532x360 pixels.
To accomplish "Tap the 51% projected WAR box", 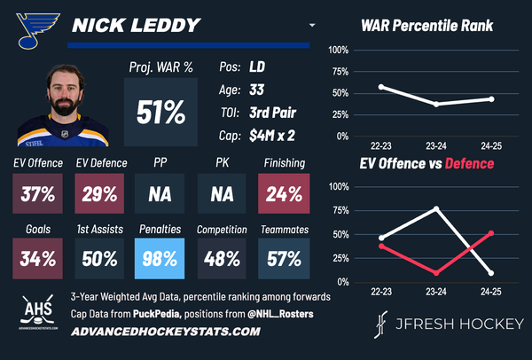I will click(x=160, y=113).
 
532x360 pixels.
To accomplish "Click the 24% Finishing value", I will click(x=285, y=193).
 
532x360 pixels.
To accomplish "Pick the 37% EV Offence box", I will click(x=37, y=193).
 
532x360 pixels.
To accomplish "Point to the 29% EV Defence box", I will click(x=99, y=193).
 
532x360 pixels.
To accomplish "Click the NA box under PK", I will click(x=223, y=193).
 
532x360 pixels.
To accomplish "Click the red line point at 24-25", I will click(x=491, y=233).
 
